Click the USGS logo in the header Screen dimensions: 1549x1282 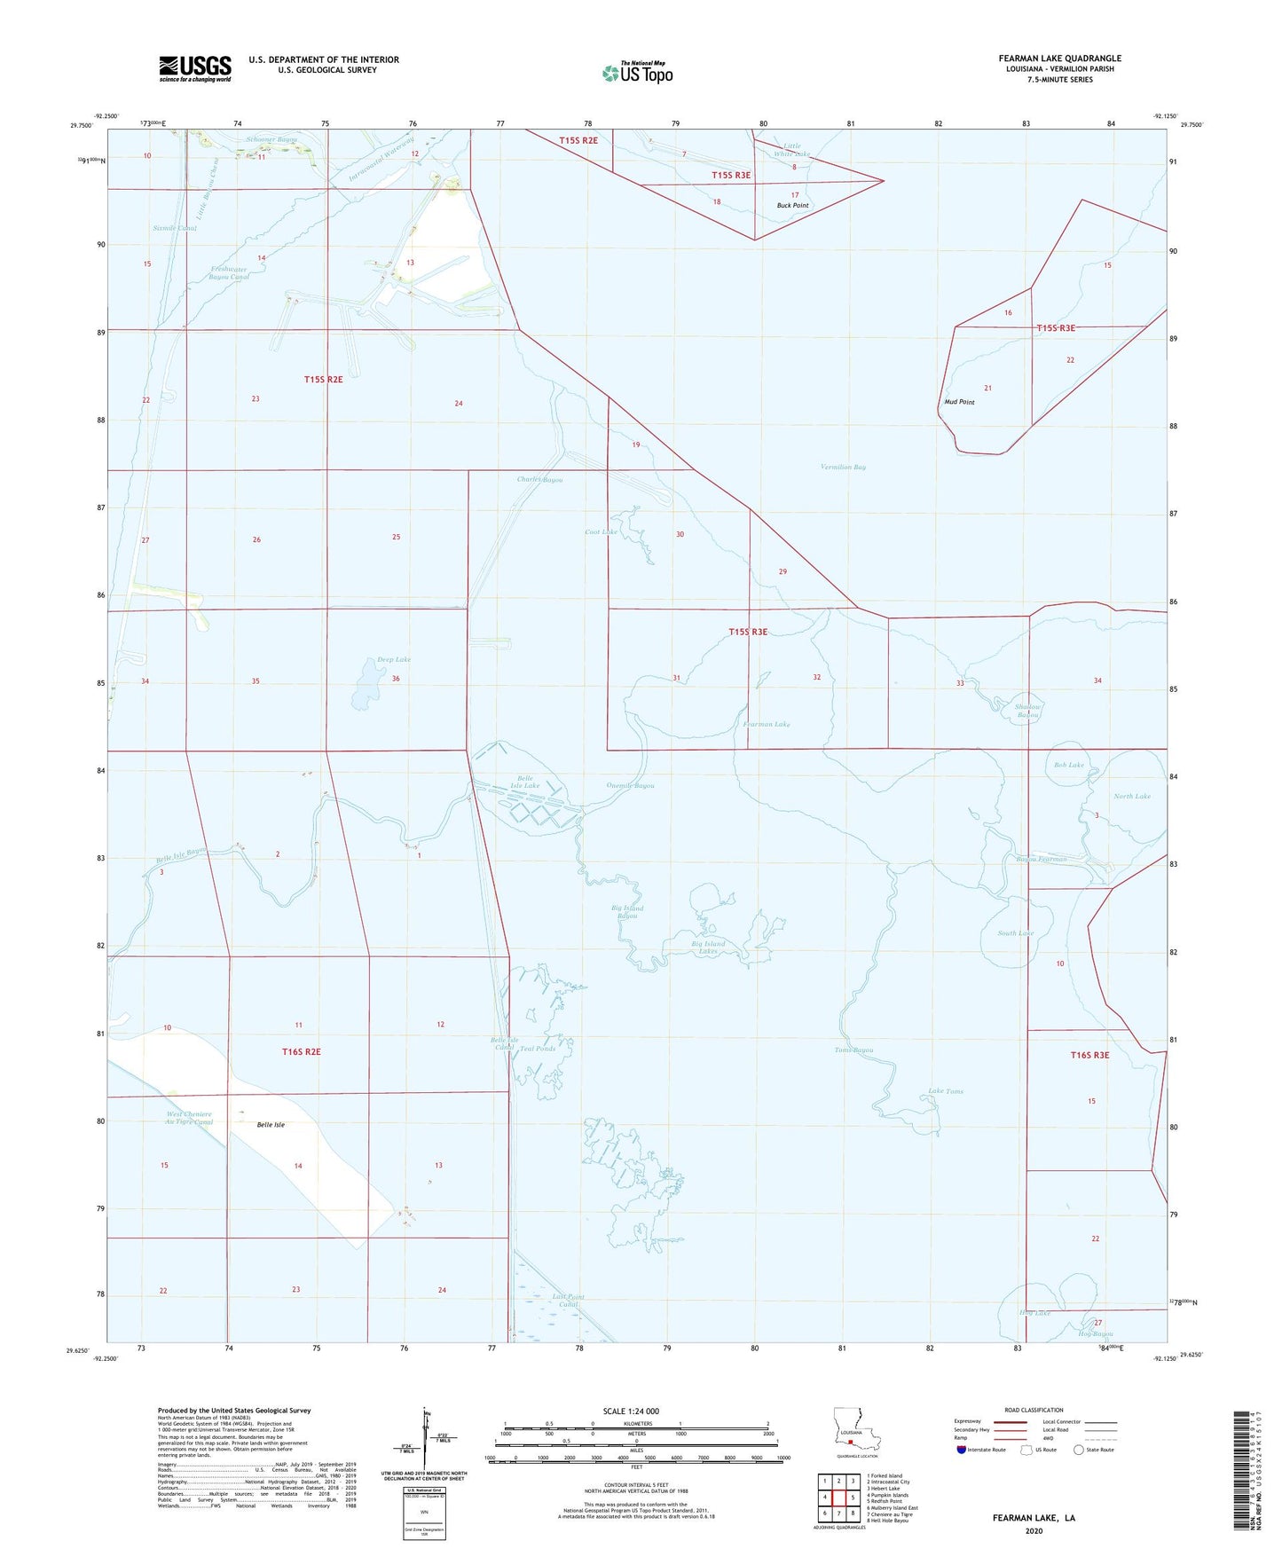tap(195, 67)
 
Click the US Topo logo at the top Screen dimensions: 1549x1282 tap(637, 73)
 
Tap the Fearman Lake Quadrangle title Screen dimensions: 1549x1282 tap(1059, 59)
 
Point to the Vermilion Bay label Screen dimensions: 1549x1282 tap(843, 467)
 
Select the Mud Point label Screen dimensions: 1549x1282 tap(959, 402)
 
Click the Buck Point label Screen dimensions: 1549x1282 tap(792, 206)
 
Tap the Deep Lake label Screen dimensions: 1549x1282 tap(394, 660)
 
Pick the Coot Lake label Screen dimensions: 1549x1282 tap(601, 532)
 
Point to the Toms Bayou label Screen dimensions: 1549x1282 tap(853, 1050)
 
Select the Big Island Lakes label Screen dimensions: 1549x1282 tap(709, 947)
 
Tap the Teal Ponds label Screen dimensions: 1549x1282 tap(538, 1049)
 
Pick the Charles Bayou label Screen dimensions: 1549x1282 tap(539, 480)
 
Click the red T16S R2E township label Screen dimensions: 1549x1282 tap(301, 1052)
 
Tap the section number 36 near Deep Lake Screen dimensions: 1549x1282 tap(396, 679)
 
